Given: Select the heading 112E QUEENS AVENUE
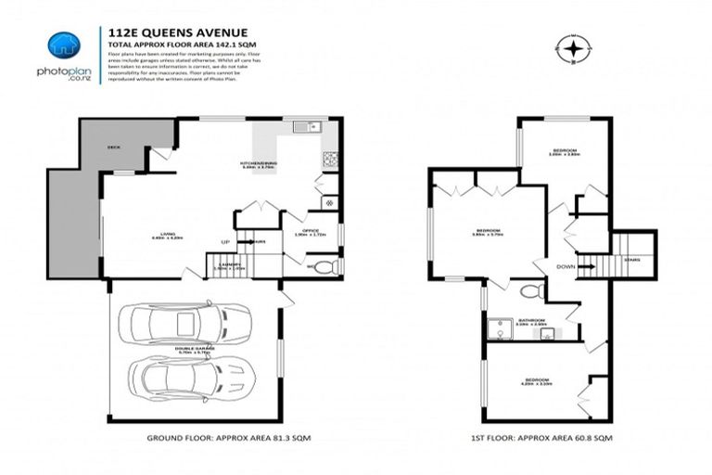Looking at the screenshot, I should click(165, 30).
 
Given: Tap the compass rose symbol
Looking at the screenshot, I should click(575, 47).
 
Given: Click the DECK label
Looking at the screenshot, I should click(114, 147).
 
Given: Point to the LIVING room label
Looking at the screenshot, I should click(167, 234).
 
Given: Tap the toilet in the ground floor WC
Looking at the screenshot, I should click(322, 268).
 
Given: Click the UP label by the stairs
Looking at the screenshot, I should click(224, 242).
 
